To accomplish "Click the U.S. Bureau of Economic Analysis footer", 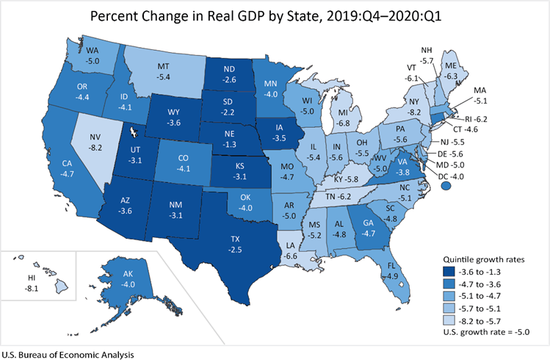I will [67, 354].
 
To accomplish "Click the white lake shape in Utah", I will [134, 132].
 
